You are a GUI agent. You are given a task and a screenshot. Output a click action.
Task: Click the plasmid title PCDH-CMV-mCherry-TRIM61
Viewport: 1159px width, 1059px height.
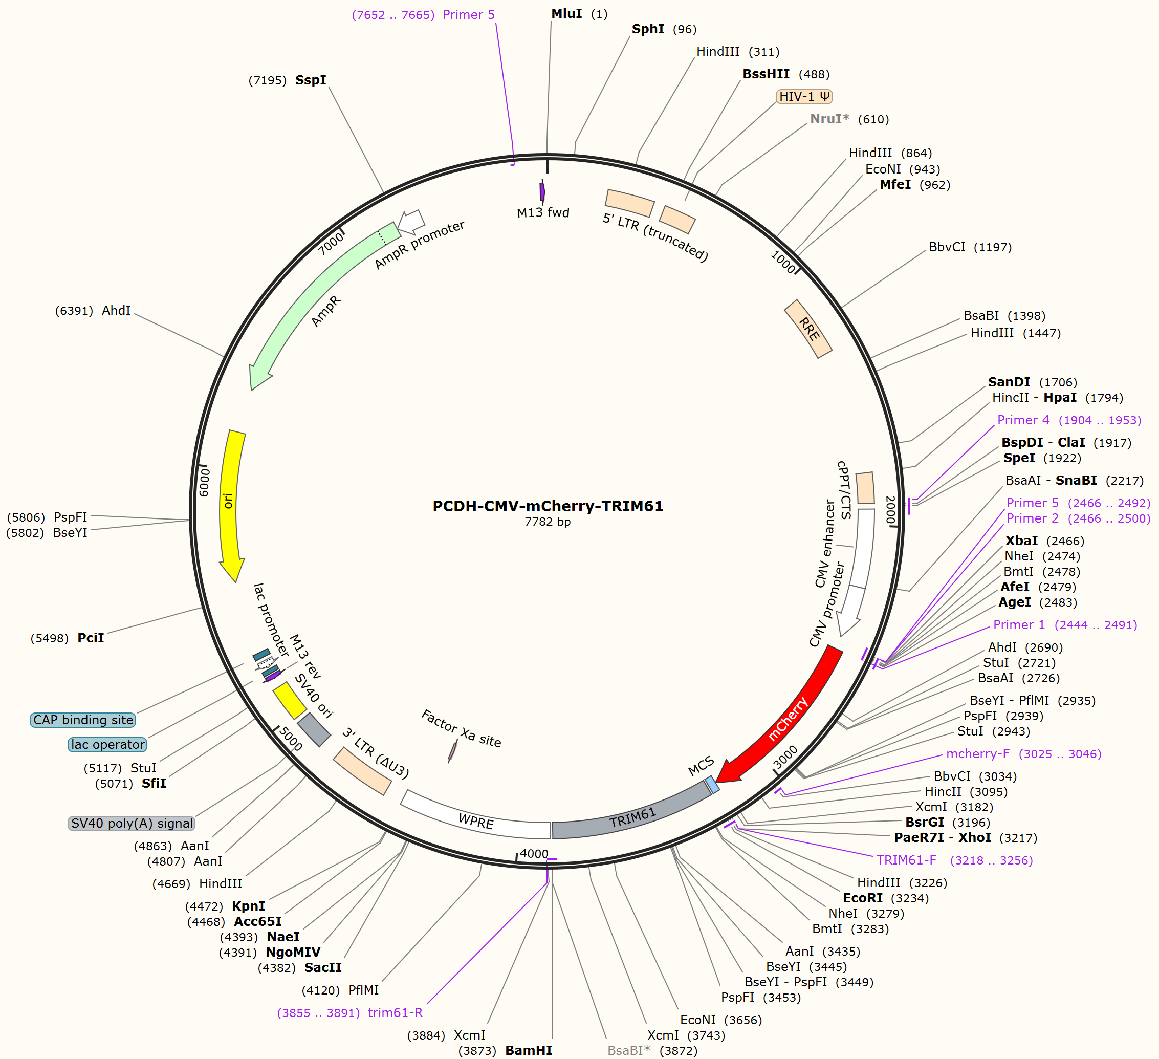point(548,506)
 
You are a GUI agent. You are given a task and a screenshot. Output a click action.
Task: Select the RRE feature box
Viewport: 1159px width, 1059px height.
point(808,329)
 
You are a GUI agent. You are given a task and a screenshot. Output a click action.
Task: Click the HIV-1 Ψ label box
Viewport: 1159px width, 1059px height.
point(804,97)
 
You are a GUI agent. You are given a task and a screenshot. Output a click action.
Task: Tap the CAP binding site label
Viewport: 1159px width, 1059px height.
point(83,720)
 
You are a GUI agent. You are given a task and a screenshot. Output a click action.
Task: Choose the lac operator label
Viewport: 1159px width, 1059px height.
point(107,745)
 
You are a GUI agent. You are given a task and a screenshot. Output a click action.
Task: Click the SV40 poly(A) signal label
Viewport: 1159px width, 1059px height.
point(132,823)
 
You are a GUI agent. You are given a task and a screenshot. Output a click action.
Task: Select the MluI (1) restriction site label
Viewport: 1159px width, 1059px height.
point(579,14)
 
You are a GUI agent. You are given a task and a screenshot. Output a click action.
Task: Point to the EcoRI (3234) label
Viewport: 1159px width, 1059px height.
point(885,898)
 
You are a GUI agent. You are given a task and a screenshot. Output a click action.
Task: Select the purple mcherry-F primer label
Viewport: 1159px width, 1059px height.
point(1023,754)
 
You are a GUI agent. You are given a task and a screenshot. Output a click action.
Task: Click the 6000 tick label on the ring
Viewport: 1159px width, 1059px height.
point(204,482)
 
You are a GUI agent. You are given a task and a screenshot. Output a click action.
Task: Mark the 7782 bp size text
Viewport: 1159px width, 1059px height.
point(548,522)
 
